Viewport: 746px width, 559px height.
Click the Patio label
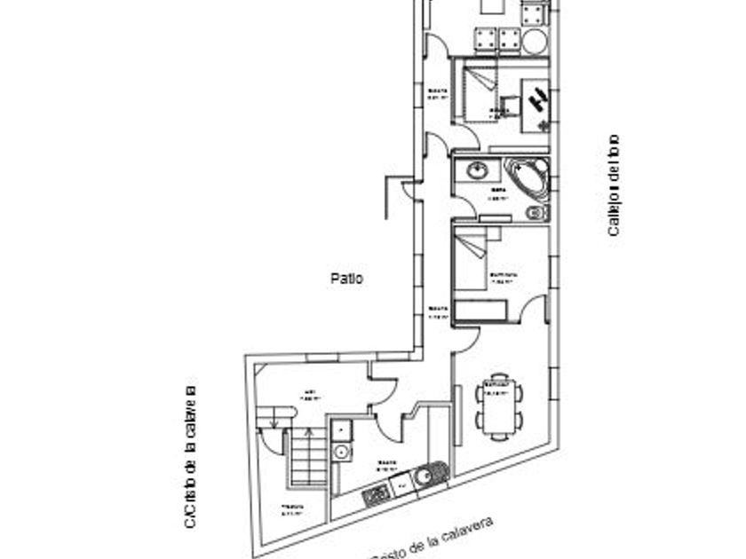[346, 278]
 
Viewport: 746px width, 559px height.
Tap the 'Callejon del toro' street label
[613, 185]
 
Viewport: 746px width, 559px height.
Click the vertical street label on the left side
[189, 457]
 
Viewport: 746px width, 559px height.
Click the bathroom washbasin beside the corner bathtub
[477, 169]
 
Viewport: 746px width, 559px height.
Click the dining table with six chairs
[498, 405]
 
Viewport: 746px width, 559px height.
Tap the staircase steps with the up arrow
[308, 458]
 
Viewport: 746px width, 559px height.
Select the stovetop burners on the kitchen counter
[377, 494]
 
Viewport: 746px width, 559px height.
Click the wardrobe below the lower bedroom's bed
[480, 310]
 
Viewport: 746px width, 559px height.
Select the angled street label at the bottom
[431, 539]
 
